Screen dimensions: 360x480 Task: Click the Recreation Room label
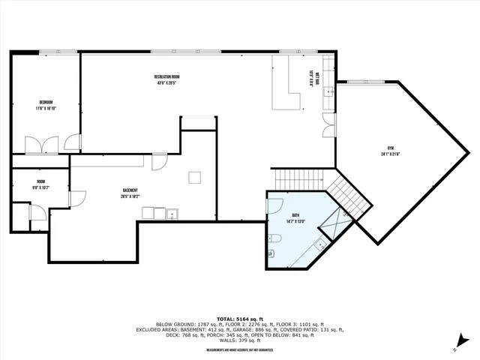[166, 79]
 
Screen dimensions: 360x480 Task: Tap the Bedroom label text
[46, 104]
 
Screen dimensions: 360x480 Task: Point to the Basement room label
[129, 193]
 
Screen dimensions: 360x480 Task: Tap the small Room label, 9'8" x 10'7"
[40, 184]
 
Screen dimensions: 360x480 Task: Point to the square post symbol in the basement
[194, 177]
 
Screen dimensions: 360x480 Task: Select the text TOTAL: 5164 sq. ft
[240, 318]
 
